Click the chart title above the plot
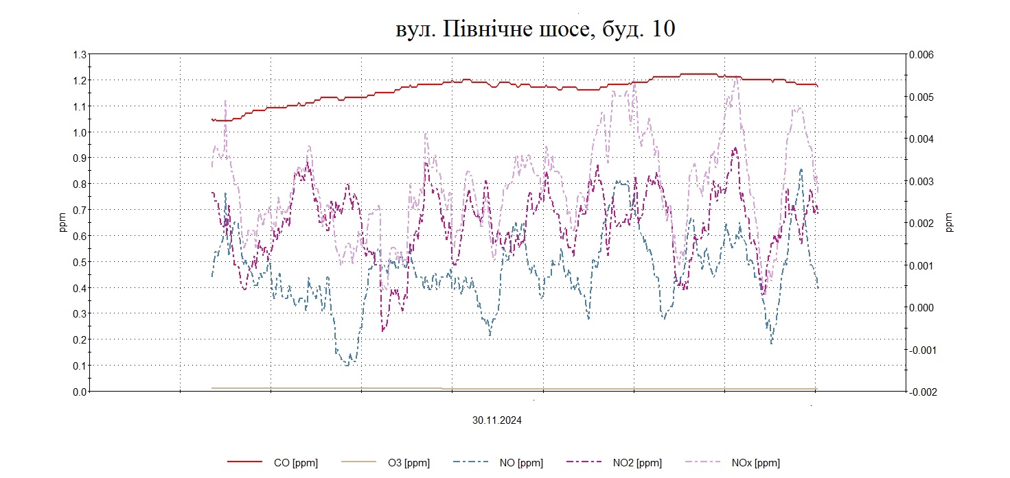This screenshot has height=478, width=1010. tap(536, 29)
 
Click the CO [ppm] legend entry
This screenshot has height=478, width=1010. tap(295, 463)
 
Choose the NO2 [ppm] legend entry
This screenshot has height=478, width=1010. tap(637, 463)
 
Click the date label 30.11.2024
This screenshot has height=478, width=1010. tap(496, 421)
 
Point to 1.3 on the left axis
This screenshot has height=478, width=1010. tap(80, 55)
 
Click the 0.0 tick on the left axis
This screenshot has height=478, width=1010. tap(80, 392)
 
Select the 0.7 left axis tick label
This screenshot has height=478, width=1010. tap(80, 210)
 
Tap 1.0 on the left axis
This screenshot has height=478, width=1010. tap(80, 132)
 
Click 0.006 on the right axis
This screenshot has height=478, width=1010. tap(920, 55)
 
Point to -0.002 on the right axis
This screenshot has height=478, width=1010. tap(921, 392)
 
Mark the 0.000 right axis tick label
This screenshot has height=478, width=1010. tap(920, 308)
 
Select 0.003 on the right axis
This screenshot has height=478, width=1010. tap(920, 181)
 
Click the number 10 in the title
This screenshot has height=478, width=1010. tap(661, 29)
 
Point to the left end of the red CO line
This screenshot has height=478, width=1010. tap(212, 119)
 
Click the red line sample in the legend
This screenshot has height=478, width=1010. tap(245, 463)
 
